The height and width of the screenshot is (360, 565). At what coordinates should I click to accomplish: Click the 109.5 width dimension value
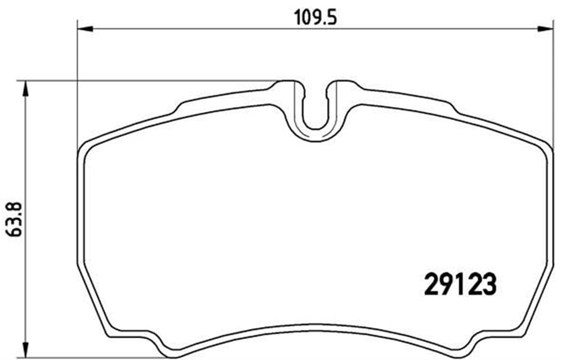[x=310, y=17]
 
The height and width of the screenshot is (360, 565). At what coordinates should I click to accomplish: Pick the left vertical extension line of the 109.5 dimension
[x=77, y=85]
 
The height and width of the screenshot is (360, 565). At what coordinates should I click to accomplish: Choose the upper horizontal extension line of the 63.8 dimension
[x=141, y=81]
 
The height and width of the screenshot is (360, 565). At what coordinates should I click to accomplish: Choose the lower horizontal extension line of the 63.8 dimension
[x=94, y=356]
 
